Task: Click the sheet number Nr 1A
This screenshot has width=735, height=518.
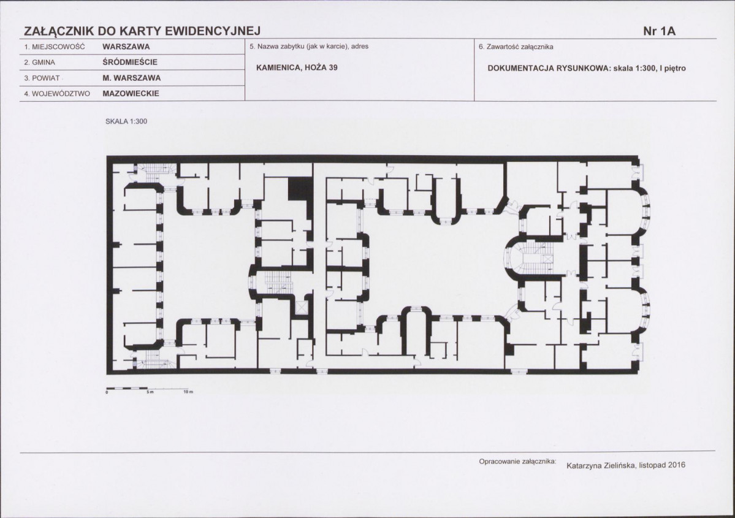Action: point(659,31)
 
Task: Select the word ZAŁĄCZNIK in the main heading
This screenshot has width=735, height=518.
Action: point(59,31)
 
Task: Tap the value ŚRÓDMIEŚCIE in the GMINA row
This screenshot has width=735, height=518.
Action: point(130,62)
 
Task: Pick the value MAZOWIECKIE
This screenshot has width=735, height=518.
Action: point(131,93)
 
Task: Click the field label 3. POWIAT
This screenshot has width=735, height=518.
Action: point(42,78)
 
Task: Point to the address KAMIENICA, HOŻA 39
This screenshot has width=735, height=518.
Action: point(297,67)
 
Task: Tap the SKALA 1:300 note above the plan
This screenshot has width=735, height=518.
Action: point(126,121)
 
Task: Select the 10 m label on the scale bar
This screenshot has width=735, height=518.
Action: point(188,392)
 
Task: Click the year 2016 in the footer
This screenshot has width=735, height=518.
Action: point(676,465)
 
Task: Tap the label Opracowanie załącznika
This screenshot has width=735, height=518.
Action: point(517,462)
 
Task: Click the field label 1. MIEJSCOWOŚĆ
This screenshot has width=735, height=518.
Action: point(55,47)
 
